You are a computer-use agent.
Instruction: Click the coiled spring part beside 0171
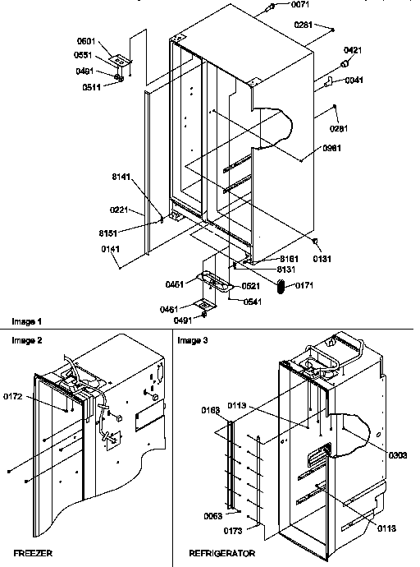click(282, 287)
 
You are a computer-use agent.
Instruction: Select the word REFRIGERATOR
click(221, 555)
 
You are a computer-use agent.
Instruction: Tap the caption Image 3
click(193, 339)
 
